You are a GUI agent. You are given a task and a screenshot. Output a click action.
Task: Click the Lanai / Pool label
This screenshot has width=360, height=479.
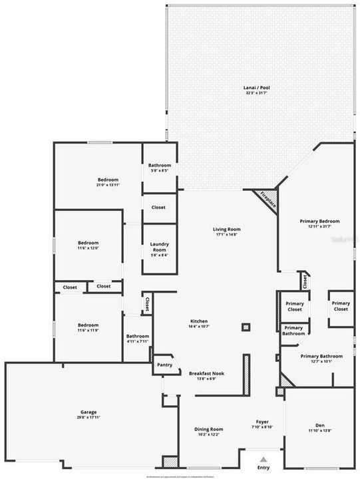(x=256, y=87)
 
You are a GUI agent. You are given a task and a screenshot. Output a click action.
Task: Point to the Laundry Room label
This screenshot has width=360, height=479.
(x=159, y=247)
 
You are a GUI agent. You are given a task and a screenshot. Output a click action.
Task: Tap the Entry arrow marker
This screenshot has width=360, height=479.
(x=263, y=459)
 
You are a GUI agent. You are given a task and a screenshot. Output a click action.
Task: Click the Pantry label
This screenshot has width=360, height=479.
(x=164, y=365)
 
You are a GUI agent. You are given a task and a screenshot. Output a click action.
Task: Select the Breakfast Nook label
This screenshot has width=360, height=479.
(x=206, y=373)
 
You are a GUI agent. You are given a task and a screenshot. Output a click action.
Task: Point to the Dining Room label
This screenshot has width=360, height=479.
(x=208, y=429)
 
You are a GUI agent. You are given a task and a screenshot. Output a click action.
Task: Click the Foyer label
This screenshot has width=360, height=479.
(x=262, y=422)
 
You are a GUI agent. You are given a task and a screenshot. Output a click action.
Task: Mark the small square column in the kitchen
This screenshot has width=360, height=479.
(x=246, y=327)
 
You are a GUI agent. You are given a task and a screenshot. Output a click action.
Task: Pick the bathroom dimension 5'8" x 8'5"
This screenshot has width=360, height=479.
(x=160, y=170)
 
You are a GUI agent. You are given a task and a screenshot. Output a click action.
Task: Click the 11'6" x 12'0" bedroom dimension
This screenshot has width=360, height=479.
(x=89, y=248)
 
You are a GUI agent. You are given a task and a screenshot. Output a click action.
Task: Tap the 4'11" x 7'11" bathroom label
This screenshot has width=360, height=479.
(x=137, y=341)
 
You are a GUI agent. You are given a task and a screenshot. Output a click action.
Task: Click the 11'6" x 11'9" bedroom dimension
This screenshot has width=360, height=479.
(x=89, y=330)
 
